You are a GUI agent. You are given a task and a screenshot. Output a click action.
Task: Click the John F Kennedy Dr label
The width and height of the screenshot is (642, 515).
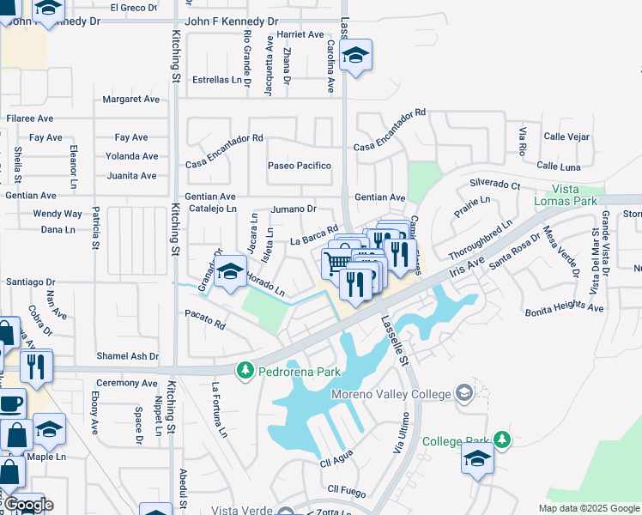coord(232,21)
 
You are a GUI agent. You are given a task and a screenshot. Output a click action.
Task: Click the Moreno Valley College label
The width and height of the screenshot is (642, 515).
coord(391,394)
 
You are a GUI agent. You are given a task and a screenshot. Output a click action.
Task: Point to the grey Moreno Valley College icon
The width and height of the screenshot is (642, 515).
coord(464,393)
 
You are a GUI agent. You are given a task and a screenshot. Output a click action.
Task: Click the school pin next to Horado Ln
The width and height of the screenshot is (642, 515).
coord(230,272)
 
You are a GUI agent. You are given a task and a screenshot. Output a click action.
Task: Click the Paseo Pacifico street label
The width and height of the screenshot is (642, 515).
coord(299,166)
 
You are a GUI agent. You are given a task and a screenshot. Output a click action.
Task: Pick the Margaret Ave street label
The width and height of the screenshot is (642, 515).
coord(131,100)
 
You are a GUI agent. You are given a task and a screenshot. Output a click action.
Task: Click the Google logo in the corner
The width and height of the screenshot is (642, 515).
coord(27,505)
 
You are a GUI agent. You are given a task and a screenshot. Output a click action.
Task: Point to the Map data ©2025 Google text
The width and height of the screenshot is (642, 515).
coord(588,508)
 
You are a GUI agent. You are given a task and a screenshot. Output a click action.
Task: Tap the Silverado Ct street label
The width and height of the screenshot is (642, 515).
coord(494,185)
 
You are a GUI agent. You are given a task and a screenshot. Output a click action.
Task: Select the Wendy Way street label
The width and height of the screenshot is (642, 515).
coord(58,214)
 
